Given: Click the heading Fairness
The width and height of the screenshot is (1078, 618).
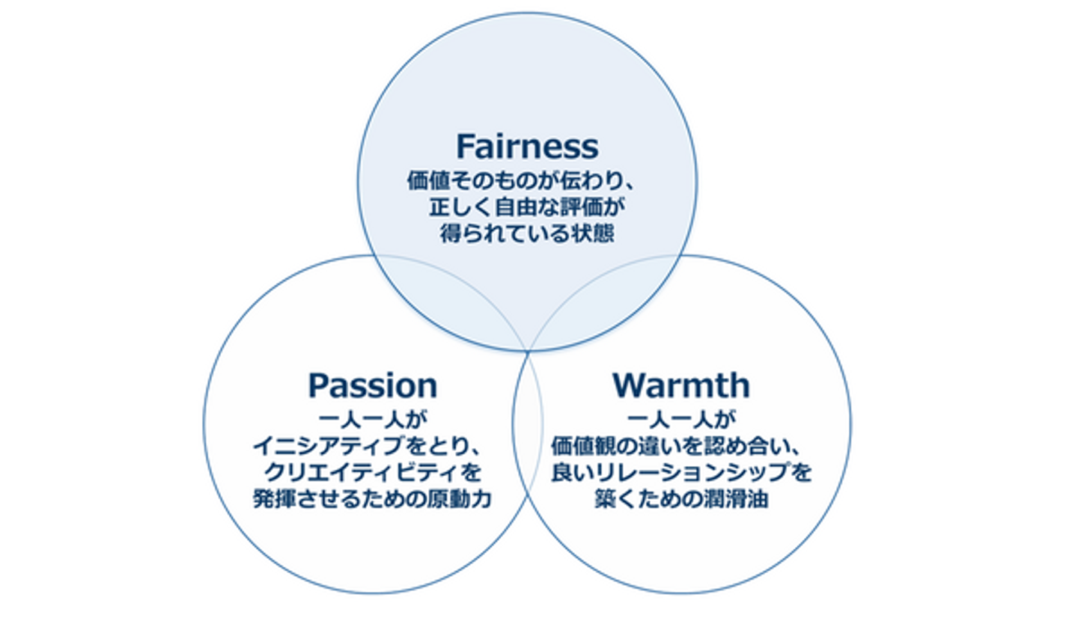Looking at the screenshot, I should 527,147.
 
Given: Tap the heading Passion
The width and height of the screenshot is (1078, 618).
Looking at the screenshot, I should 373,386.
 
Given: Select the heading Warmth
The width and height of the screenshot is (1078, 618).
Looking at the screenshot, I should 680,386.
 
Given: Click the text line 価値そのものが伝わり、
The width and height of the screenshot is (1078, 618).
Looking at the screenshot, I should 526,181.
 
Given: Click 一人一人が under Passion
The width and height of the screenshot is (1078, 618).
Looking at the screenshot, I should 373,417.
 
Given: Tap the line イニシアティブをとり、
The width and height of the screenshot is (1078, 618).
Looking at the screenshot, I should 373,447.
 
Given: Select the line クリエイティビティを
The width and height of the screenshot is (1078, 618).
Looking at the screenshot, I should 373,473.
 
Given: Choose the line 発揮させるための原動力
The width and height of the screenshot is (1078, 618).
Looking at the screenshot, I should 373,500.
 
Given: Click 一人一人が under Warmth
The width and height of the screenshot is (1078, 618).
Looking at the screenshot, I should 680,417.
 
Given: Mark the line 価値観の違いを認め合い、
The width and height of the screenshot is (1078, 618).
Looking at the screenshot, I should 680,447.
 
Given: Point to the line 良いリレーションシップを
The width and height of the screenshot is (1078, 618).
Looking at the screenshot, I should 680,473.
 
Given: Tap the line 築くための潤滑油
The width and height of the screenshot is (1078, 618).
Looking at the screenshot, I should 680,500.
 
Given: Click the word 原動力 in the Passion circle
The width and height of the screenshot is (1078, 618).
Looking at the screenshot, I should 460,500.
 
